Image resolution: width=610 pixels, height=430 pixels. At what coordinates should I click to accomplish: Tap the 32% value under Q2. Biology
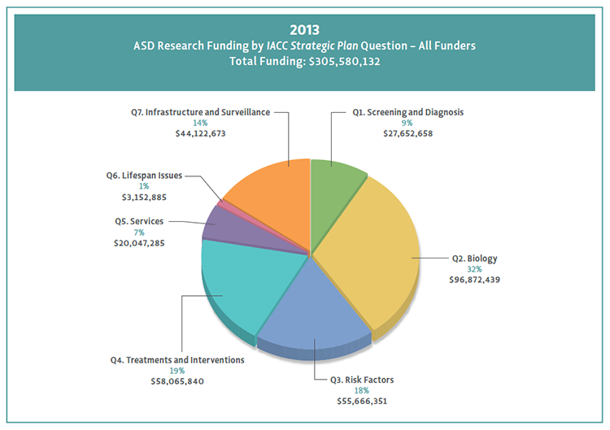tap(474, 269)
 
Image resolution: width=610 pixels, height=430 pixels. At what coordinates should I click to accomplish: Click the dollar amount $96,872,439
tap(475, 279)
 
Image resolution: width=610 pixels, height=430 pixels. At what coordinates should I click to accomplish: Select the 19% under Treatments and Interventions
tap(176, 370)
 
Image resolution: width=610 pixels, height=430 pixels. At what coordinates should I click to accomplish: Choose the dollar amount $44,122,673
tap(200, 132)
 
